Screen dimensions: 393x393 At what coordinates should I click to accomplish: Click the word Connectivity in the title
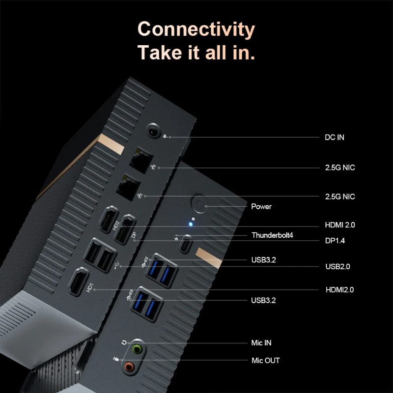point(196,29)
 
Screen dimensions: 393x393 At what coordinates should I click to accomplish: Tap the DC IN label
point(335,137)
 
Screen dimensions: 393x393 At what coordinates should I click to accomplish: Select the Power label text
point(261,206)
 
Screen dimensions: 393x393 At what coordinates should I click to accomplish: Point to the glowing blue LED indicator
point(192,225)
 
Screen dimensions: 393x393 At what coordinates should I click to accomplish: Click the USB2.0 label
point(337,267)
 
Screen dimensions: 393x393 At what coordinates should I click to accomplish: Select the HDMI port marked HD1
point(79,282)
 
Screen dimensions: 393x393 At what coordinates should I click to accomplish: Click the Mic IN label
point(261,343)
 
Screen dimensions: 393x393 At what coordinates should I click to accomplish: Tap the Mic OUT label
point(265,361)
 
